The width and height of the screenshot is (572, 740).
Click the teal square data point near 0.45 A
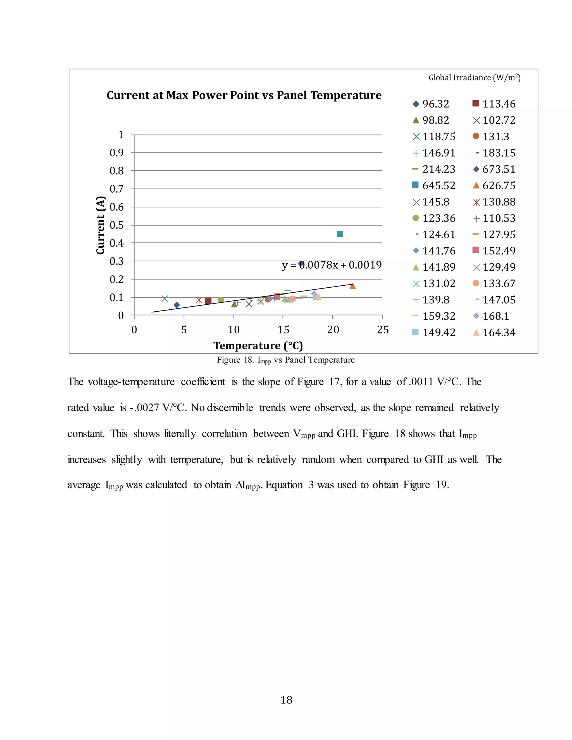click(340, 234)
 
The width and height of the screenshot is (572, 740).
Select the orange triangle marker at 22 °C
click(352, 286)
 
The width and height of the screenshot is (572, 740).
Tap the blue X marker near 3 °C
click(165, 299)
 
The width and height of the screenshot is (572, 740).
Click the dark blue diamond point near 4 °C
click(177, 305)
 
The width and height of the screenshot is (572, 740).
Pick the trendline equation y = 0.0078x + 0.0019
click(332, 265)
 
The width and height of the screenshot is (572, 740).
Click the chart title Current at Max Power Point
click(244, 95)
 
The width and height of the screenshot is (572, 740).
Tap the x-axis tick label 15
click(283, 330)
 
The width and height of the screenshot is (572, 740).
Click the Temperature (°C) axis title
click(258, 346)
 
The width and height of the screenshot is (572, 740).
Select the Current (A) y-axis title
click(100, 225)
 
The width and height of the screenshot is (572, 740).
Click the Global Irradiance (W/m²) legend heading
click(475, 78)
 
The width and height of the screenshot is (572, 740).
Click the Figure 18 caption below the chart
click(286, 360)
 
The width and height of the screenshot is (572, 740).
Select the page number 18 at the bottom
click(286, 700)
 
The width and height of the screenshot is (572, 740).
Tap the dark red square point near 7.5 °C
click(208, 300)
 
